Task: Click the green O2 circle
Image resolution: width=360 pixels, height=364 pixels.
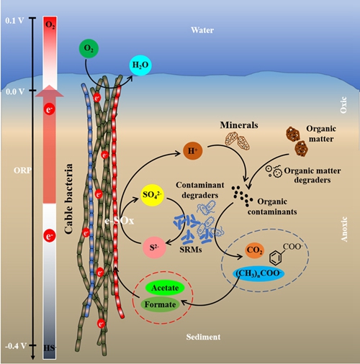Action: coord(89,48)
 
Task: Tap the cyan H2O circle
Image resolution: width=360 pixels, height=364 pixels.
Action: coord(140,65)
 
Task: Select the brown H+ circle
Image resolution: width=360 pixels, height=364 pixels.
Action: coord(193,151)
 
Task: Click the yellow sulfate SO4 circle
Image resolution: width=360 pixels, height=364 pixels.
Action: coord(153,194)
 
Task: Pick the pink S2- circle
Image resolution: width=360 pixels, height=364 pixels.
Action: coord(154,247)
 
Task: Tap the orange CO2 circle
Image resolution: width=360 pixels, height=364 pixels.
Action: coord(255,250)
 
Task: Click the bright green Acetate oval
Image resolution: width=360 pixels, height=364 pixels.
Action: coord(165,288)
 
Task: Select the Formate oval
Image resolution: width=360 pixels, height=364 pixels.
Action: coord(160,304)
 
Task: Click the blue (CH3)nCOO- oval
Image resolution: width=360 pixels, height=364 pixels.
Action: coord(258,273)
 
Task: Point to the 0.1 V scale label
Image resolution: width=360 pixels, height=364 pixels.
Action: coord(14,21)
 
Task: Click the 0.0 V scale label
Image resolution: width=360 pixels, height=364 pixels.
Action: coord(15,91)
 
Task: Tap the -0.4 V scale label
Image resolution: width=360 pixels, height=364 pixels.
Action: coord(16,346)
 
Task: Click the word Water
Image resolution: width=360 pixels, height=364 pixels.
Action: coord(202,30)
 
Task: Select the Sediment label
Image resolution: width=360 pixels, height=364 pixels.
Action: coord(203,337)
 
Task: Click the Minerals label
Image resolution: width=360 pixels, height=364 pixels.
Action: coord(239,125)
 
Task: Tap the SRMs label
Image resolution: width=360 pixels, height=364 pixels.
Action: coord(191,250)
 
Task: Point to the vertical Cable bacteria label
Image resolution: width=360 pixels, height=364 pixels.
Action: coord(68,199)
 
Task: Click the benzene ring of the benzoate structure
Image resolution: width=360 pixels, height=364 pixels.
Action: coord(276,258)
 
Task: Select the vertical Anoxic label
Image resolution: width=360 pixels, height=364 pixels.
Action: coord(344,229)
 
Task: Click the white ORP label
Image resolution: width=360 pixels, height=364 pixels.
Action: coord(22,170)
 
